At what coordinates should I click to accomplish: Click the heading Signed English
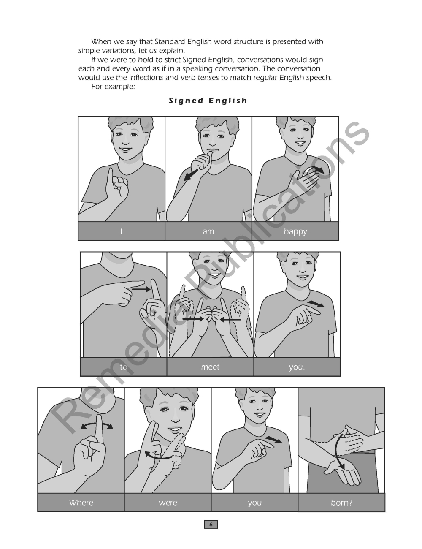tap(208, 101)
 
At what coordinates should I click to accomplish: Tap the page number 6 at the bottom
tap(211, 525)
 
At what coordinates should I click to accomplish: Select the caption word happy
tap(295, 231)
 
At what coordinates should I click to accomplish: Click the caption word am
tap(208, 231)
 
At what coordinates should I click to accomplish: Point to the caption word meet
tap(210, 367)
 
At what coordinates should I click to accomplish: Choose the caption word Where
tap(81, 503)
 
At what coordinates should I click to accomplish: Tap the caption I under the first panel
tap(122, 231)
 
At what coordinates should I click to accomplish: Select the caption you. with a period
tap(297, 367)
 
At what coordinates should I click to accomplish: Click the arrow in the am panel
tap(191, 175)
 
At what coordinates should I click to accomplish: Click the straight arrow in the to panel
tap(141, 289)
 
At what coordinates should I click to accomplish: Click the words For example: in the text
tap(113, 87)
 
